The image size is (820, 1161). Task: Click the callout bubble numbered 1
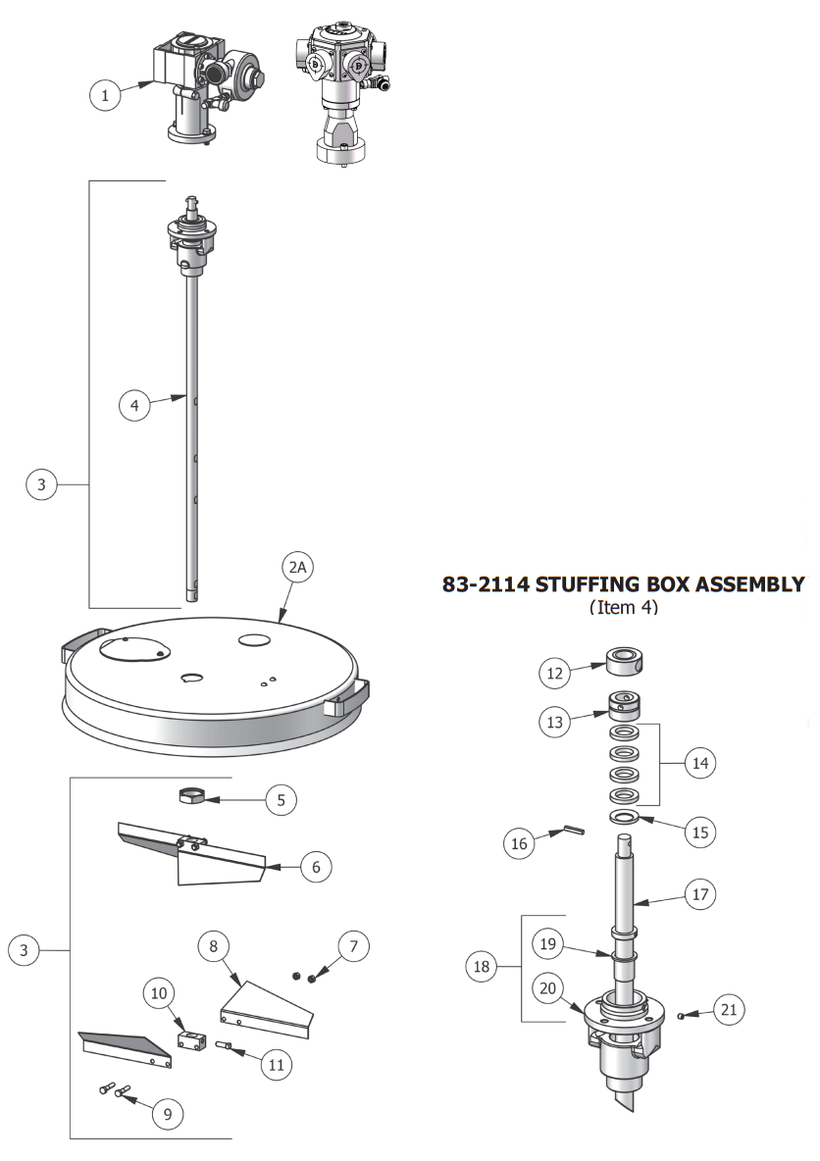click(x=105, y=95)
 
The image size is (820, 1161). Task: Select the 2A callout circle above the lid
click(x=297, y=569)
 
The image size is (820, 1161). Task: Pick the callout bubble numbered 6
click(x=315, y=867)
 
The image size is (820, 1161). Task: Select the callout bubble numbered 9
click(x=166, y=1113)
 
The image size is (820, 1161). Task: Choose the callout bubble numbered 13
click(x=556, y=722)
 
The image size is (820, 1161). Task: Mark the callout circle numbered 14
click(x=699, y=762)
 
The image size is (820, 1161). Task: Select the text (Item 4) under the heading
click(x=624, y=608)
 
